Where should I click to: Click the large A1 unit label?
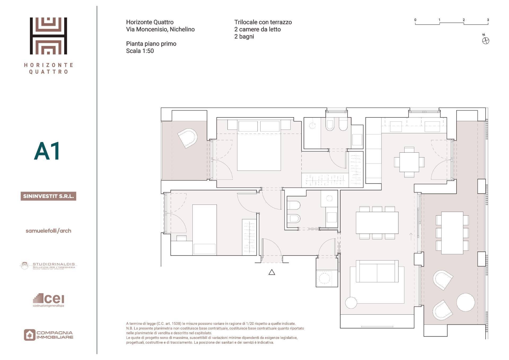coord(47,151)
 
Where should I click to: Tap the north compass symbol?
coord(485,41)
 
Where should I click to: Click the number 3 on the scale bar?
coord(488,20)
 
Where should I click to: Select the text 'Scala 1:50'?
coord(140,51)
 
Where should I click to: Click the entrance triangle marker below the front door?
coord(271,272)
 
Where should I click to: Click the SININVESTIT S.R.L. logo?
coord(48,196)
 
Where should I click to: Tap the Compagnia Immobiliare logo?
coord(48,335)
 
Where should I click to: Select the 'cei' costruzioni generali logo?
coord(49,300)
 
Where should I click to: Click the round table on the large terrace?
coord(466,302)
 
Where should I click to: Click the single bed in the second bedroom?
coord(204,229)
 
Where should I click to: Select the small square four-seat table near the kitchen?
coord(409,162)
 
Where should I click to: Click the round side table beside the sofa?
coord(351,303)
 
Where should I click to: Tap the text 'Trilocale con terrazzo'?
coord(263,22)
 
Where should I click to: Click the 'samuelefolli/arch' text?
coord(48,231)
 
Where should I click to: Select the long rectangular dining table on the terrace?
coord(452,233)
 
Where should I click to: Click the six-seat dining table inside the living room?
coord(377,223)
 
